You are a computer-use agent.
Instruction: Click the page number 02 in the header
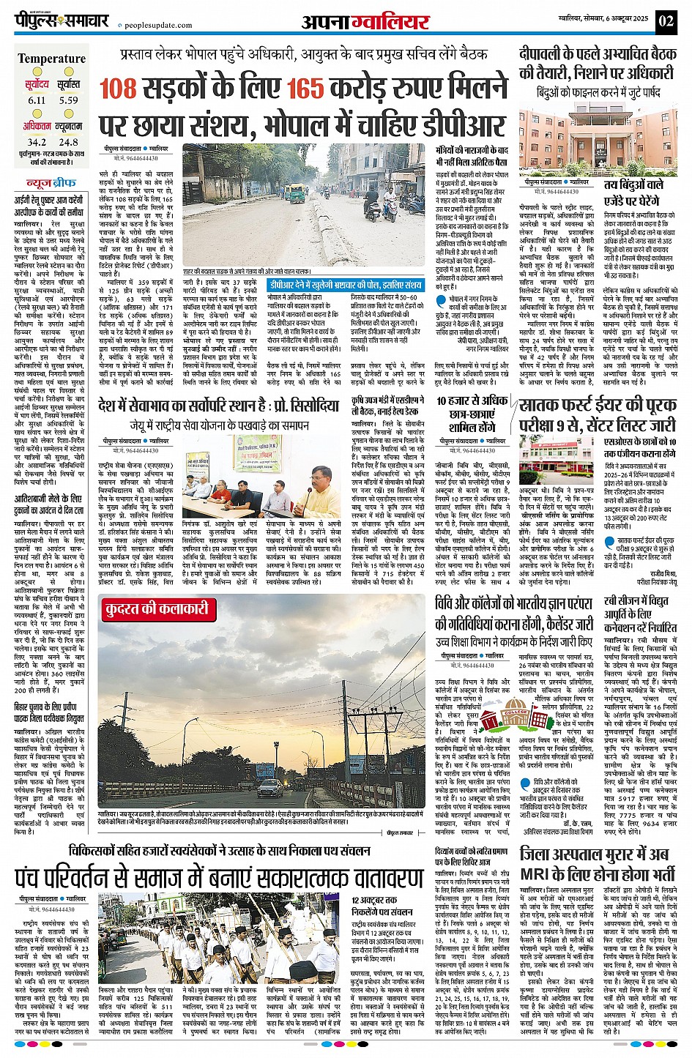click(666, 21)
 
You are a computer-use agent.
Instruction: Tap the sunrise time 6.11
click(37, 100)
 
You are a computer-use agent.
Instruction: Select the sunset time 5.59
click(69, 100)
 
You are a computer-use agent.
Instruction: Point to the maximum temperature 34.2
click(37, 142)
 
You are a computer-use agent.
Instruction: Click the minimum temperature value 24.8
click(69, 142)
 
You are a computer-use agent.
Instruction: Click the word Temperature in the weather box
click(51, 59)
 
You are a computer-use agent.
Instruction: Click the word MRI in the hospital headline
click(540, 873)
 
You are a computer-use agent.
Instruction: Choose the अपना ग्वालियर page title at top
click(365, 22)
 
